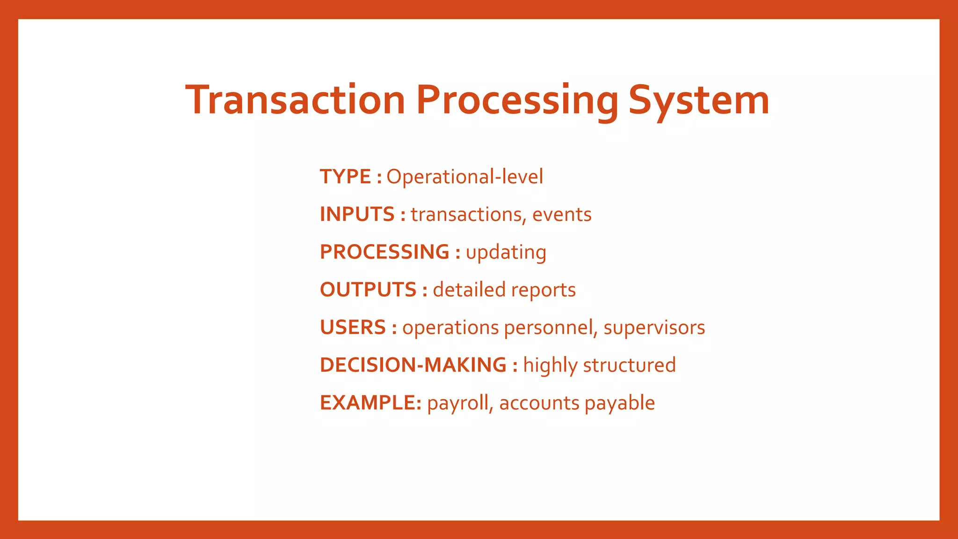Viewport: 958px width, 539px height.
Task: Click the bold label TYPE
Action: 345,177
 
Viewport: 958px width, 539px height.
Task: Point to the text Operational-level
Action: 464,177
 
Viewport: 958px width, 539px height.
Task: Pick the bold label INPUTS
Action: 357,214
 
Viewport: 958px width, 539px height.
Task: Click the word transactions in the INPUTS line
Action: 465,214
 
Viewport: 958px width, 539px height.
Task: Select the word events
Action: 562,214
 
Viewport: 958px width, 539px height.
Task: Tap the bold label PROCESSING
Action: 385,252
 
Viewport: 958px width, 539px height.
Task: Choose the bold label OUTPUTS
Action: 368,290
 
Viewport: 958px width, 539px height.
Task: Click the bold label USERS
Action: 353,328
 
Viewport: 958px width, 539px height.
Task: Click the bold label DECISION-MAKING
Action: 413,365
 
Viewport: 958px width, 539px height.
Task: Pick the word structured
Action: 629,365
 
